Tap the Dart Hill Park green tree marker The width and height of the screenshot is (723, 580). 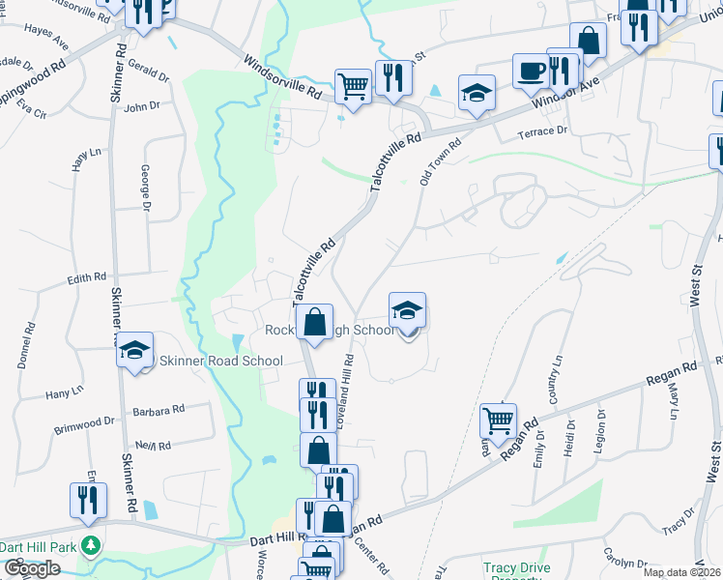point(91,546)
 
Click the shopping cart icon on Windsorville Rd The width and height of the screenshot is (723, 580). point(353,87)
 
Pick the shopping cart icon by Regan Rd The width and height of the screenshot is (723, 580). point(498,420)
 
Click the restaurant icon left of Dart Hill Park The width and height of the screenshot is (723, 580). point(88,500)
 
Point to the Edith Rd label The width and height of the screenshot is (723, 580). point(86,278)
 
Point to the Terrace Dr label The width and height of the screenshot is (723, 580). point(540,131)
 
